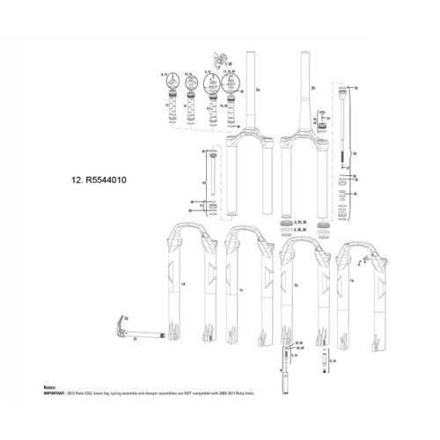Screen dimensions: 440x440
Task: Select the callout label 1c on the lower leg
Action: tap(240, 286)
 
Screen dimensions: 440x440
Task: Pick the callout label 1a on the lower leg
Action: tap(351, 280)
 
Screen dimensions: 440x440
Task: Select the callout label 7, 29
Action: tap(230, 65)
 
